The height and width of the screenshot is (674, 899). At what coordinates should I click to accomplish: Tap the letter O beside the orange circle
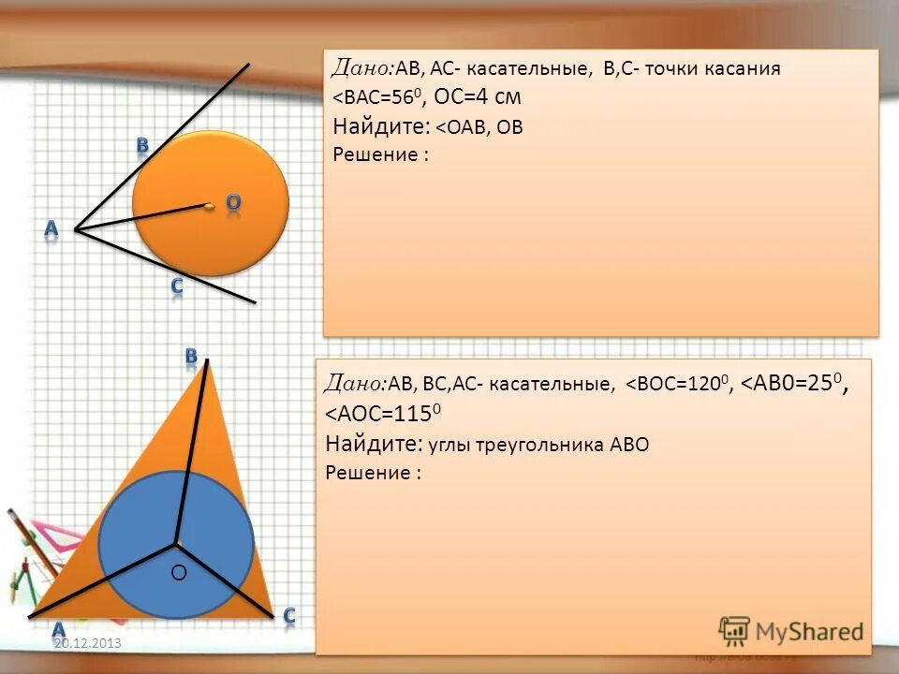coord(233,202)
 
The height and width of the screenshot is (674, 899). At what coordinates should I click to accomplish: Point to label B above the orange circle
coord(142,145)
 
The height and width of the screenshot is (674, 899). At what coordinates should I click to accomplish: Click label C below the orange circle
coord(176,286)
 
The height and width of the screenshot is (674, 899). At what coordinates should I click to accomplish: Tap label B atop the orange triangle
coord(191,356)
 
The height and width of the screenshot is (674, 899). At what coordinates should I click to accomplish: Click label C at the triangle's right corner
coord(289,615)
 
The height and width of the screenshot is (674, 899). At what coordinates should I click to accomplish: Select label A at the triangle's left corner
coord(58,629)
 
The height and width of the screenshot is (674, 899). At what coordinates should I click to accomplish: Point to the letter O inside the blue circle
coord(179,571)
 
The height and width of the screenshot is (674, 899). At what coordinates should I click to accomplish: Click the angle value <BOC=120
coord(679,384)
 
